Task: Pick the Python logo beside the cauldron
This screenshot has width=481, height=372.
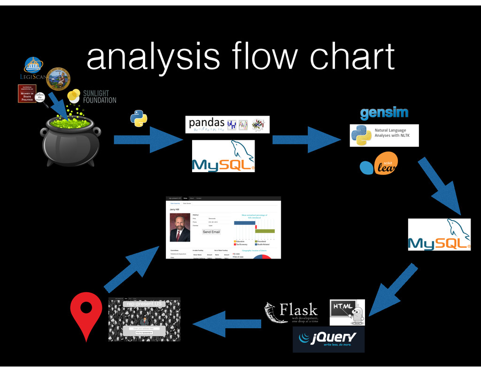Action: click(139, 118)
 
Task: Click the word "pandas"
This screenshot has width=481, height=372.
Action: click(207, 124)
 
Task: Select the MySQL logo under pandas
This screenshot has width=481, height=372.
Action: click(223, 156)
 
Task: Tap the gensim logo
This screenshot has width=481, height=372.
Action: click(384, 113)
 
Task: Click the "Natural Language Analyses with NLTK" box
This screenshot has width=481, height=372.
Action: click(384, 135)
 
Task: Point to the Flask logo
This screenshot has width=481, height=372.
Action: click(291, 313)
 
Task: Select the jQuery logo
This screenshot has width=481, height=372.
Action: click(328, 339)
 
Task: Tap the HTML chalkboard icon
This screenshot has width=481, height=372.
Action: click(347, 312)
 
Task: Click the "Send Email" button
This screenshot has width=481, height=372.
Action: click(211, 232)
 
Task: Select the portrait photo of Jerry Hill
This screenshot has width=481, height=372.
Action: click(180, 228)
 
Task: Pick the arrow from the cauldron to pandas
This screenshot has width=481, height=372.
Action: click(148, 139)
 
